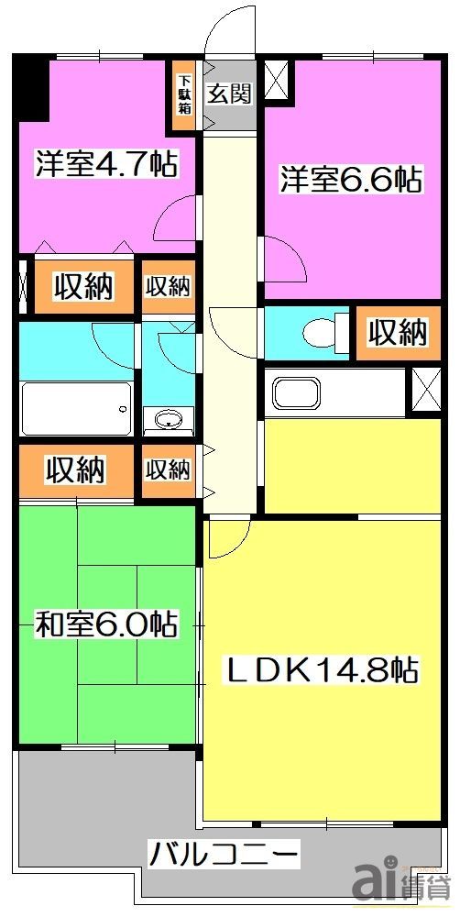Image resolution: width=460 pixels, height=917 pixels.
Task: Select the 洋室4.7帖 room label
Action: (106, 165)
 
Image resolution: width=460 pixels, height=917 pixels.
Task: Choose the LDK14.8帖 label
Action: (323, 671)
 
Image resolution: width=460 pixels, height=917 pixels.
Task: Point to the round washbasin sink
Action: (168, 420)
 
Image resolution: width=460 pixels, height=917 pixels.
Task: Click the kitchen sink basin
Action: (295, 392)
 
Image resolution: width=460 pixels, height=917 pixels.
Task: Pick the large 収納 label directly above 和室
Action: (75, 471)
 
